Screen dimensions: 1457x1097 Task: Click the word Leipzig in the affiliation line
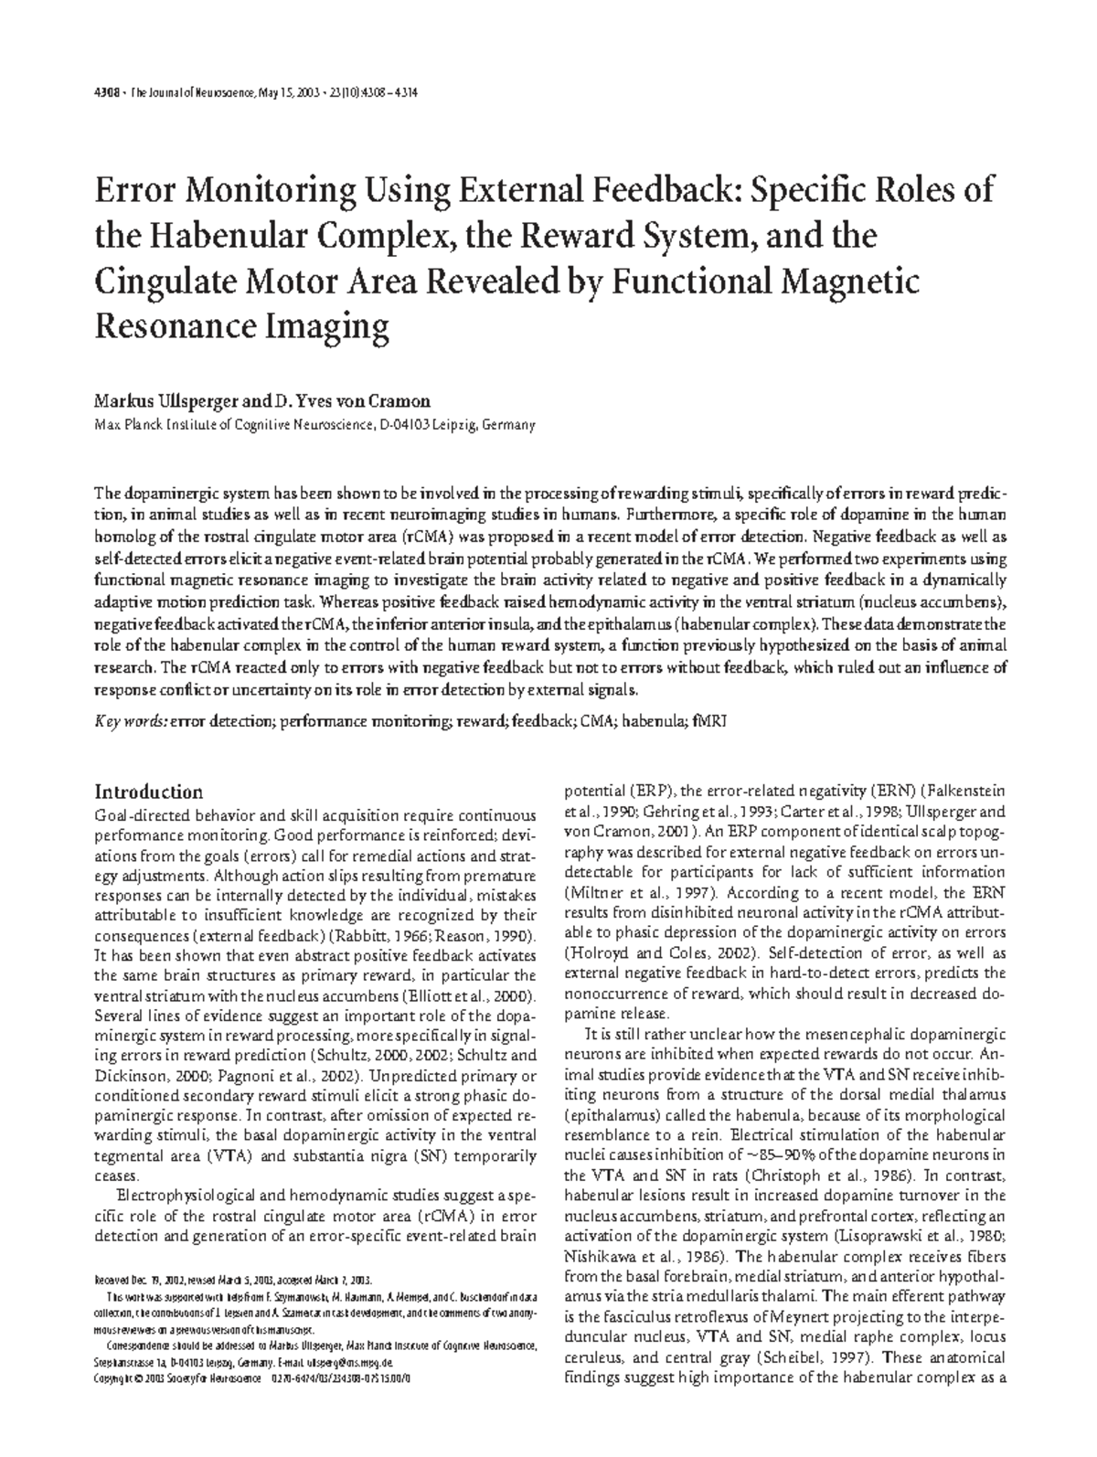click(447, 425)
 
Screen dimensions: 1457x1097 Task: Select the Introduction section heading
click(149, 792)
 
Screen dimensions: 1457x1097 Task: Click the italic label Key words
click(131, 720)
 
